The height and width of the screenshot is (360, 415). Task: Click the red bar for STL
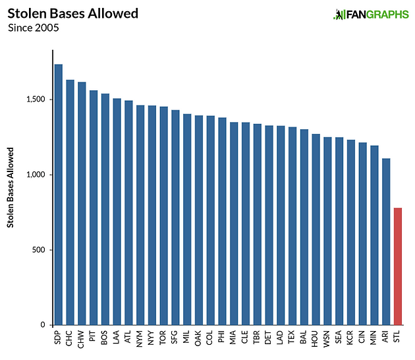(397, 266)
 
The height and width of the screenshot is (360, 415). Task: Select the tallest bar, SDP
(59, 195)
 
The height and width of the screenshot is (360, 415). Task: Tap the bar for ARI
(386, 241)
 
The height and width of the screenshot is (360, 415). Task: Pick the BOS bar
(105, 209)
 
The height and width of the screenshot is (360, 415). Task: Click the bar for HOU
(316, 229)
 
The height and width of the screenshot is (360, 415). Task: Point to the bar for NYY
(152, 216)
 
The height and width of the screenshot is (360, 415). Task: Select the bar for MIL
(187, 220)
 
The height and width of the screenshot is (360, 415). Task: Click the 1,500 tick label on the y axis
(36, 100)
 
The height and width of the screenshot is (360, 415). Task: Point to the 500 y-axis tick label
(39, 250)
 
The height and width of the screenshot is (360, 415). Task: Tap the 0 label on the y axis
(43, 325)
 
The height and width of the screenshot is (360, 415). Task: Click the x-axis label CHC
(69, 338)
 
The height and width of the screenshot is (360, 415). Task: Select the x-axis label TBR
(256, 337)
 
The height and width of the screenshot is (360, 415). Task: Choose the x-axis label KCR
(350, 338)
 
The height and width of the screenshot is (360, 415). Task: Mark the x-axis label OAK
(198, 338)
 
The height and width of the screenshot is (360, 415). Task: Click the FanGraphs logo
(371, 15)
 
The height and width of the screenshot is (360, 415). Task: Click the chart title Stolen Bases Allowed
(72, 13)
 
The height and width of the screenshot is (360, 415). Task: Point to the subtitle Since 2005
(34, 28)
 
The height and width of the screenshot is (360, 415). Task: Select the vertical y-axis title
(10, 187)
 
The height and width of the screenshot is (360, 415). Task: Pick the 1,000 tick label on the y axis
(36, 175)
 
